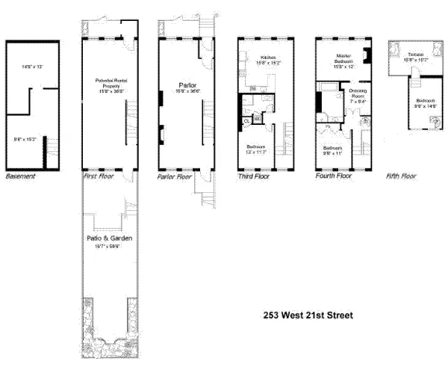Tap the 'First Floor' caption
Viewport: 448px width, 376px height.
coord(98,178)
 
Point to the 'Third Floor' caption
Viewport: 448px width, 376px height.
coord(252,178)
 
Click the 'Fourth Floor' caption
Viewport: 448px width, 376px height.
coord(333,178)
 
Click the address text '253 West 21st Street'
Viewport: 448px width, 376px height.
coord(308,315)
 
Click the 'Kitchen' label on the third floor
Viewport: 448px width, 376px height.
coord(268,58)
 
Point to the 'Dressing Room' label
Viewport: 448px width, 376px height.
coord(358,93)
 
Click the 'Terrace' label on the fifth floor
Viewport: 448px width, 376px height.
coord(416,55)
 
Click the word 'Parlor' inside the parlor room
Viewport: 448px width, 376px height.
coord(186,85)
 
